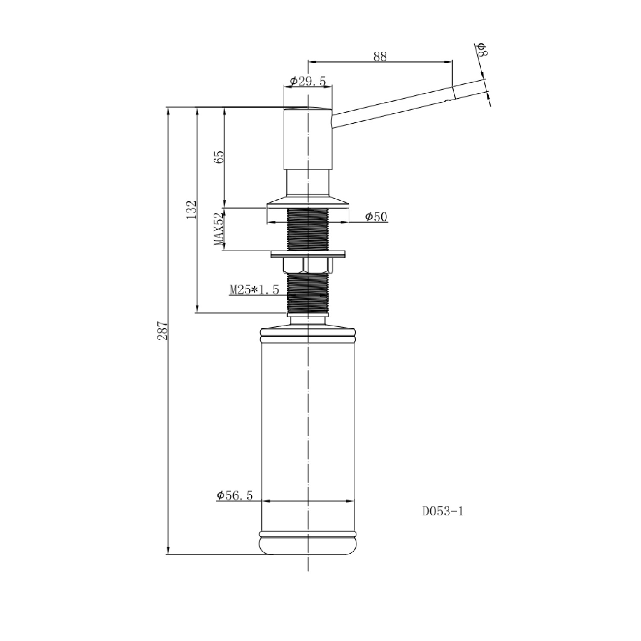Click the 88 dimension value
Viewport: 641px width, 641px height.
(x=379, y=56)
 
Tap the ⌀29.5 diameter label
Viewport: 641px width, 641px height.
(x=308, y=81)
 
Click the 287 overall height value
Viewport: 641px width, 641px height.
(x=162, y=330)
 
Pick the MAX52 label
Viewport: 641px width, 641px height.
(x=219, y=229)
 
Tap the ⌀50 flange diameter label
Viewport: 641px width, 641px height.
(x=376, y=217)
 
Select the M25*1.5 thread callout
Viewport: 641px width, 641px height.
(x=254, y=290)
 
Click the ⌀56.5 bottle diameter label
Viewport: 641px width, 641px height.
(x=235, y=495)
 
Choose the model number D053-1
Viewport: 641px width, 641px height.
(x=443, y=511)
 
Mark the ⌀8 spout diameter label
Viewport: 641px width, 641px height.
(x=482, y=50)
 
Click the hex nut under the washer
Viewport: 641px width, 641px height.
(x=308, y=265)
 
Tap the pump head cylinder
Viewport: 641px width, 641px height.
(x=308, y=138)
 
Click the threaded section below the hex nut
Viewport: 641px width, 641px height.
(x=308, y=293)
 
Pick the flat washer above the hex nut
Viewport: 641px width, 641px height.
(x=308, y=254)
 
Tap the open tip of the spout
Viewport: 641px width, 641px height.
(x=453, y=92)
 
